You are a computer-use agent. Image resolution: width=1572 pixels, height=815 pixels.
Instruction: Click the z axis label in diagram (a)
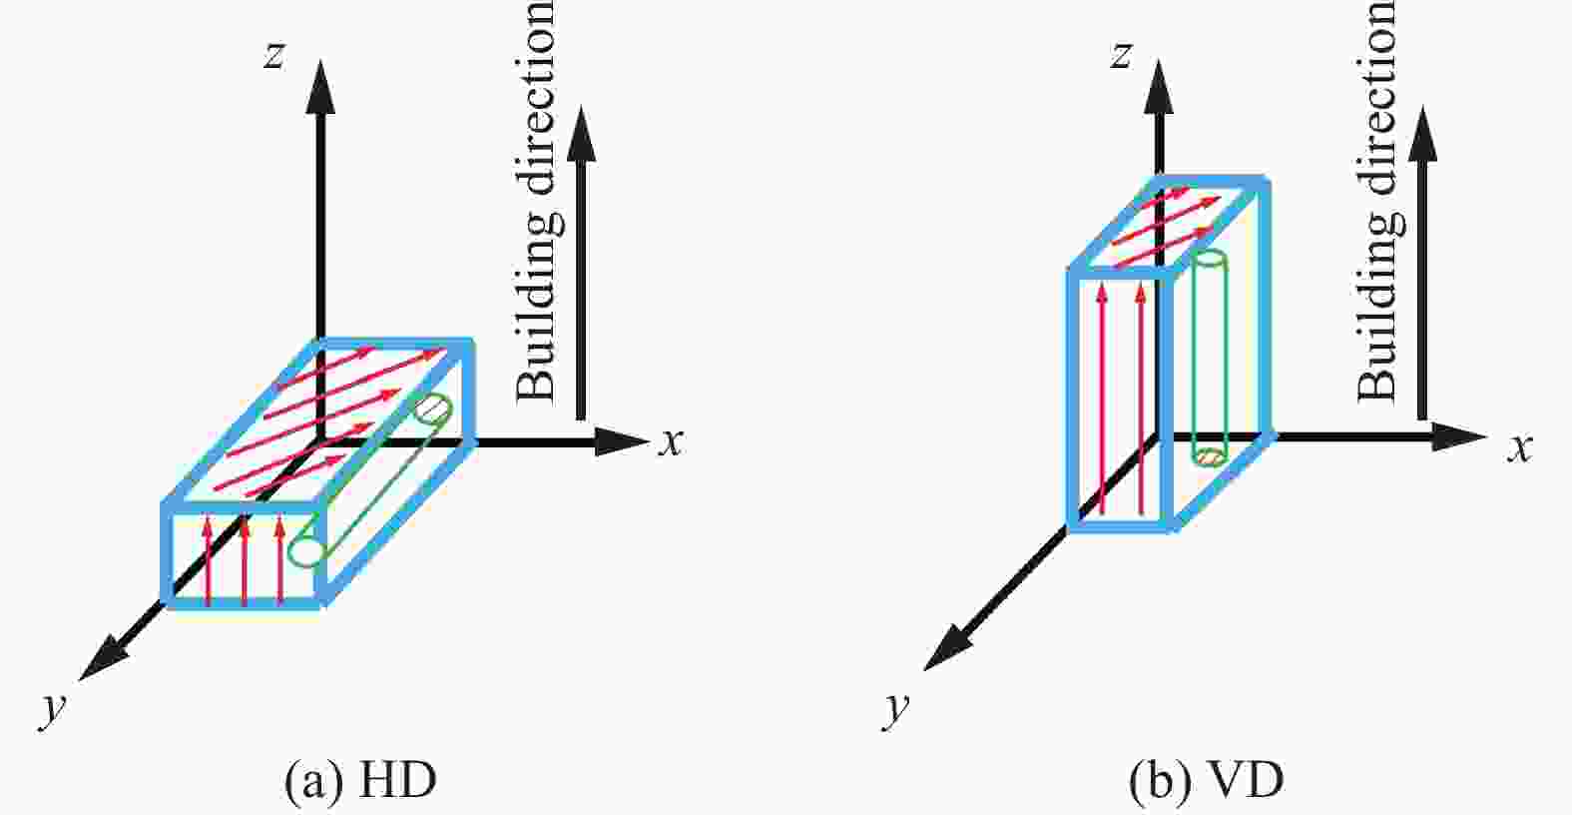(273, 56)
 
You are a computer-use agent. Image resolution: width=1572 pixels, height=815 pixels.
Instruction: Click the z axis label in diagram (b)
(1121, 56)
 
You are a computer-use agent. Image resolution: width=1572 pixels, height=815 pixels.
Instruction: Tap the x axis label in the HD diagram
(671, 442)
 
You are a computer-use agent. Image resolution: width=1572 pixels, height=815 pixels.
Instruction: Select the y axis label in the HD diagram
(53, 709)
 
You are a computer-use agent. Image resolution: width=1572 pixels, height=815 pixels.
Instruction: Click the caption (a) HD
(360, 781)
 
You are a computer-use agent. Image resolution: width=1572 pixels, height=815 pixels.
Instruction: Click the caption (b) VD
(1207, 781)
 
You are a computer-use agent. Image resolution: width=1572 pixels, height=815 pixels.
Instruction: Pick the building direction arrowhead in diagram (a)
(581, 134)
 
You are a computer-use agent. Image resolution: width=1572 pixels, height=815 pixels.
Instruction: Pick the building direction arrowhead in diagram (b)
(1422, 134)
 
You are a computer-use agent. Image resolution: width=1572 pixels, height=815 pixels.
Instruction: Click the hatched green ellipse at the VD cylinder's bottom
(1210, 457)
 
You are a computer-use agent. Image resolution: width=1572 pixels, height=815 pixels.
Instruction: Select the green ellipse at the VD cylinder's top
(1210, 259)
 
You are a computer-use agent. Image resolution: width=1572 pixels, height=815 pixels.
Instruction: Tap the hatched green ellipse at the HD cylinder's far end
(433, 410)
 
